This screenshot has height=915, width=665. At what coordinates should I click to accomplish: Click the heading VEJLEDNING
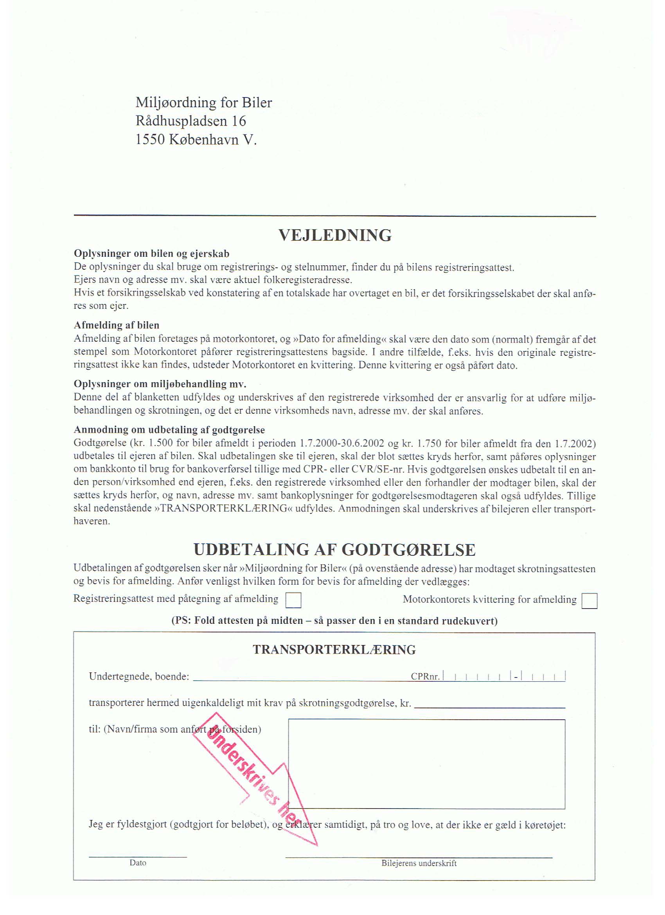point(335,235)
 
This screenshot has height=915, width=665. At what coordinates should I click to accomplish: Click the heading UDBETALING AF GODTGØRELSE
point(334,550)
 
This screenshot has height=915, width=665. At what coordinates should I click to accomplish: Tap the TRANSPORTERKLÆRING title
point(334,650)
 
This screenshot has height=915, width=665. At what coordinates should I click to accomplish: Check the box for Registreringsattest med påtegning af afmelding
point(293,600)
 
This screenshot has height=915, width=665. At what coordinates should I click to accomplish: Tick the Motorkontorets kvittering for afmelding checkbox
point(590,601)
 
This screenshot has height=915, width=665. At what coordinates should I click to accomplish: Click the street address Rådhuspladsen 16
point(191,121)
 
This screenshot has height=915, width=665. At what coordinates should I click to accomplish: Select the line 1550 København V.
point(196,140)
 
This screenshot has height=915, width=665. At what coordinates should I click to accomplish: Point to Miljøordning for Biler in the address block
point(204,103)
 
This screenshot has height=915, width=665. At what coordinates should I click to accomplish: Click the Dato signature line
point(138,856)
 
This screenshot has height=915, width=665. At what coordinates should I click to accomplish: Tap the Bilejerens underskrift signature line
point(419,857)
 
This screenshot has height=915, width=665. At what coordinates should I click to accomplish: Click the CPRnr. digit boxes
point(504,676)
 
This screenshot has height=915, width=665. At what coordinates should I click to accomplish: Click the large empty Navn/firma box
point(426,764)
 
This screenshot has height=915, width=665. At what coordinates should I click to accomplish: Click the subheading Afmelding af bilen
point(117,325)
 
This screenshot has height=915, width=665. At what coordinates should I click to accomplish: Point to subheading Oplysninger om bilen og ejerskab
point(152,254)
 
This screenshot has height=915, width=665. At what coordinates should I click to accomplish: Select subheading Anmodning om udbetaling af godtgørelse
point(169,430)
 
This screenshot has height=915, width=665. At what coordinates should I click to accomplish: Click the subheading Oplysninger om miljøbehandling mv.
point(160,384)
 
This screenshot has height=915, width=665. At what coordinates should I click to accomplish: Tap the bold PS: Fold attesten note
point(334,620)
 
